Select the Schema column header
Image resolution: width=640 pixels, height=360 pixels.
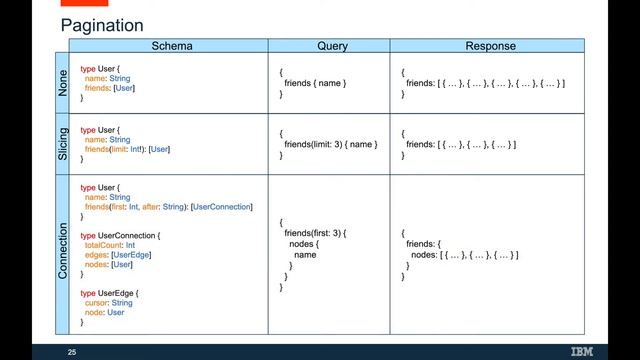point(171,46)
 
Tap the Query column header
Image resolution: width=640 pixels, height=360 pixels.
point(332,46)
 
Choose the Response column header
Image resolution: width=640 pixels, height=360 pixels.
point(490,46)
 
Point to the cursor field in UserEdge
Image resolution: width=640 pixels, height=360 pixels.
point(98,302)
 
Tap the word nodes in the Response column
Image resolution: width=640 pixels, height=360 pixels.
point(422,255)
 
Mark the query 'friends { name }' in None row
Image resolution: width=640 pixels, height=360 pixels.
point(315,83)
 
